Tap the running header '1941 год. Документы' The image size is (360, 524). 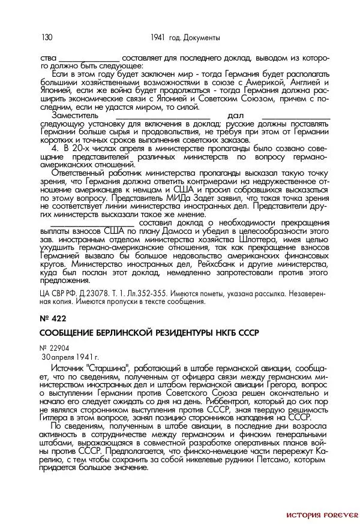pos(185,38)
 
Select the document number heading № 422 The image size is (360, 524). pos(53,318)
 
